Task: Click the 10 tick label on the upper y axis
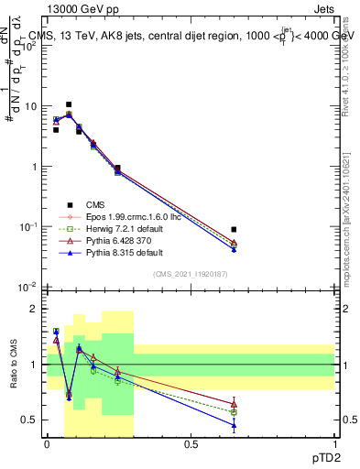(29, 107)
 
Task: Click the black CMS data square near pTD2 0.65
(234, 230)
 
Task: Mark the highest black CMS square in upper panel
(69, 104)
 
